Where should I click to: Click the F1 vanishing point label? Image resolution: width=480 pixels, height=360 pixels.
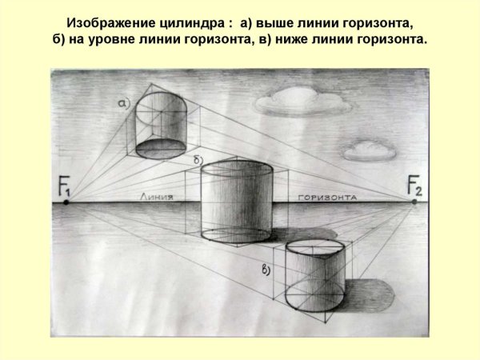64,186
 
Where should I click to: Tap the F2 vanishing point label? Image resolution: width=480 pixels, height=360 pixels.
414,186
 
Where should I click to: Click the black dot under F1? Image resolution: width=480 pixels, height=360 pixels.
66,202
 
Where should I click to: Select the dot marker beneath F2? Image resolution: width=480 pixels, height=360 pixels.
414,202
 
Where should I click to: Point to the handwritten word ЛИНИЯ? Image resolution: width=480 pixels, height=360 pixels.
157,197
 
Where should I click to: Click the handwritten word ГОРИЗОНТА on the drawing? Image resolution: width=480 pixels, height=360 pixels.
327,198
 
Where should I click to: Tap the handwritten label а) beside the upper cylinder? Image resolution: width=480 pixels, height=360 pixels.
124,104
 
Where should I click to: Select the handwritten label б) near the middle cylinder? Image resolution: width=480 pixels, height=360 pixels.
198,160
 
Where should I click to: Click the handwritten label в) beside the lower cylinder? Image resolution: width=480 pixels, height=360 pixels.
266,270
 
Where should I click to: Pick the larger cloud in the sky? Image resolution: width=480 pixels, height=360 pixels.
303,101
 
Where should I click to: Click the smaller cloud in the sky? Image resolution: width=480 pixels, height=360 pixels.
370,151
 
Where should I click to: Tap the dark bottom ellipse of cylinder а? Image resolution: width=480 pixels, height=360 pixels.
161,149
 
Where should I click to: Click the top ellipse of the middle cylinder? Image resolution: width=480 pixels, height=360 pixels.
237,169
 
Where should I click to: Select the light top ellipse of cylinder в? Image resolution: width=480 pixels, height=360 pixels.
315,248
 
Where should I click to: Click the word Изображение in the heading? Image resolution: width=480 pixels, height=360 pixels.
111,23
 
